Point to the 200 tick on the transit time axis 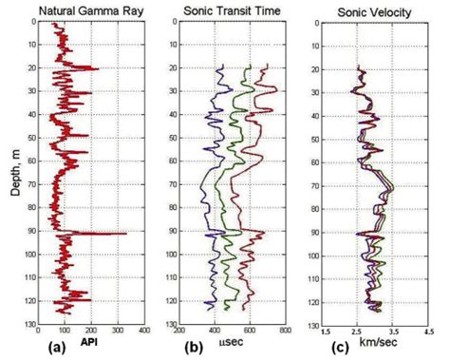point(180,331)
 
